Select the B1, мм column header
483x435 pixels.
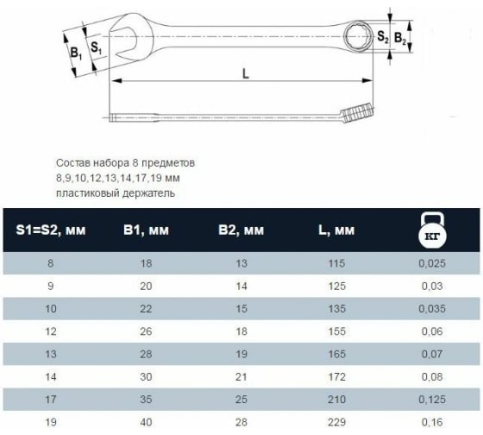(x=141, y=230)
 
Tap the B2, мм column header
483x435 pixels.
(x=240, y=230)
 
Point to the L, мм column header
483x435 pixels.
(x=336, y=230)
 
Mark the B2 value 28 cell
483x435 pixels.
(x=240, y=421)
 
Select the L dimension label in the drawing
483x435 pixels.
(x=246, y=74)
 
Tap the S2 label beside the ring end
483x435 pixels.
(x=383, y=37)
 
